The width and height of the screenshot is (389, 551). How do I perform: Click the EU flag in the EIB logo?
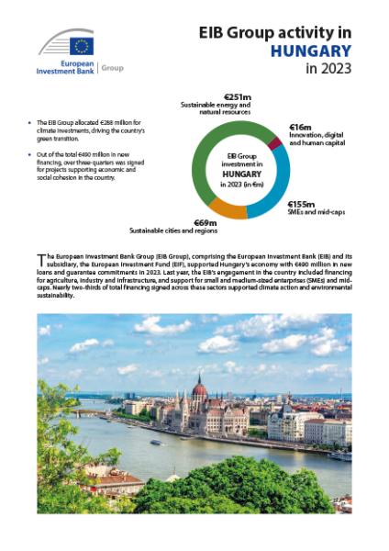pos(82,45)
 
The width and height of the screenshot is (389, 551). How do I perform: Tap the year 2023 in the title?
pos(330,70)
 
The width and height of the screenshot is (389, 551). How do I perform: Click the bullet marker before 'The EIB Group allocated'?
pos(30,121)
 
